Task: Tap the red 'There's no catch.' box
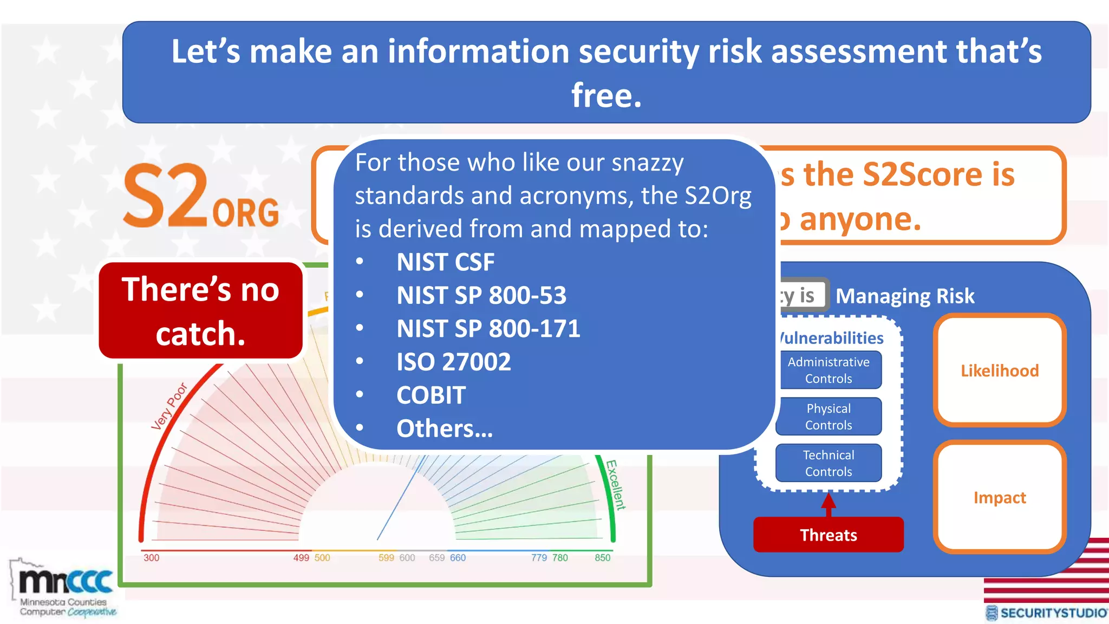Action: (200, 311)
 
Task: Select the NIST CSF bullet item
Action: (445, 262)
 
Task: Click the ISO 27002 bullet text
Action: (453, 362)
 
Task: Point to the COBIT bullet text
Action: (430, 395)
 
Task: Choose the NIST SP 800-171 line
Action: (488, 329)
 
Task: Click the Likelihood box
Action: (999, 370)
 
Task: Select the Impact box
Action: (999, 497)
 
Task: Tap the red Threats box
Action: (828, 535)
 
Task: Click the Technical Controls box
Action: (828, 463)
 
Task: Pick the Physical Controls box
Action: (828, 417)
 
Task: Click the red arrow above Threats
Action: (828, 504)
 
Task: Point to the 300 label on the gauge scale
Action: (151, 558)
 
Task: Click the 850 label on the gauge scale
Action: (602, 558)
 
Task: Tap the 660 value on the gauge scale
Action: (458, 558)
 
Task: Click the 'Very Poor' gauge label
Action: (169, 406)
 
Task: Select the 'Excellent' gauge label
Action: (615, 485)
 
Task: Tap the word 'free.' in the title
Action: (606, 95)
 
